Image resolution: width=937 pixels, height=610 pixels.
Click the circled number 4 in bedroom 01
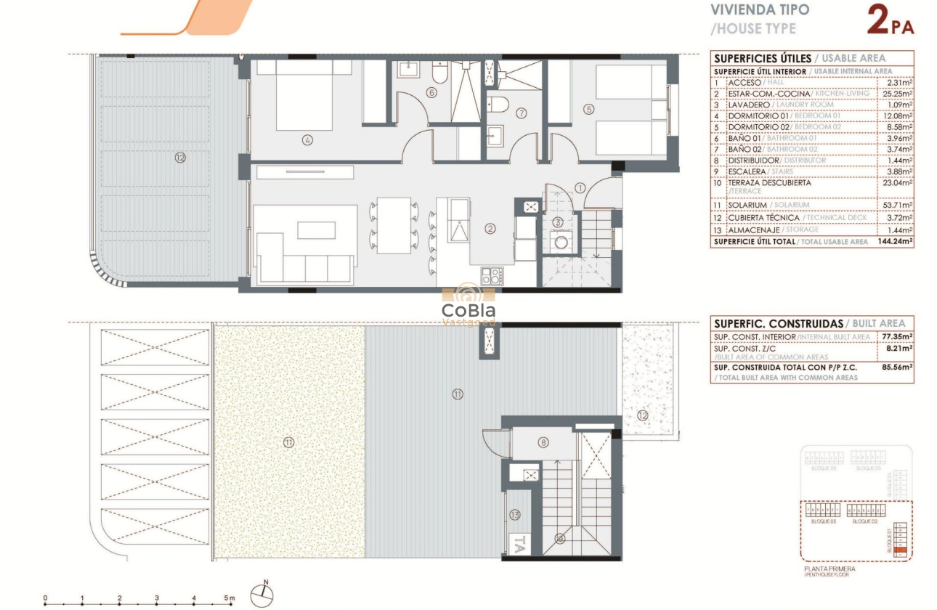[308, 140]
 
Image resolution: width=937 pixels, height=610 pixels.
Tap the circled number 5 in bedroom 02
[588, 110]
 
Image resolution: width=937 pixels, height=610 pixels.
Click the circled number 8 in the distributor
[543, 442]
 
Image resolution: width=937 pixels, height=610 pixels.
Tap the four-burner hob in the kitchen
[492, 276]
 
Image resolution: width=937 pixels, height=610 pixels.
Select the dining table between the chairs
[394, 225]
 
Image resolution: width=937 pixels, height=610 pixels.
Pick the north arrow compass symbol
[262, 595]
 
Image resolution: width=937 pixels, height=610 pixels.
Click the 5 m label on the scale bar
[230, 598]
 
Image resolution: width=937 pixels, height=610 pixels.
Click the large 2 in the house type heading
[880, 20]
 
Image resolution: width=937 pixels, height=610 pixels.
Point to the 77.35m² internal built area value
[897, 337]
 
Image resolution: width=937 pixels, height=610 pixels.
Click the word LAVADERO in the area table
[751, 105]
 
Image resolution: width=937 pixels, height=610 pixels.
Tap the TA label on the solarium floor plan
[519, 542]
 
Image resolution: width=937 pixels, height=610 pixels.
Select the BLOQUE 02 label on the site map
[865, 521]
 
